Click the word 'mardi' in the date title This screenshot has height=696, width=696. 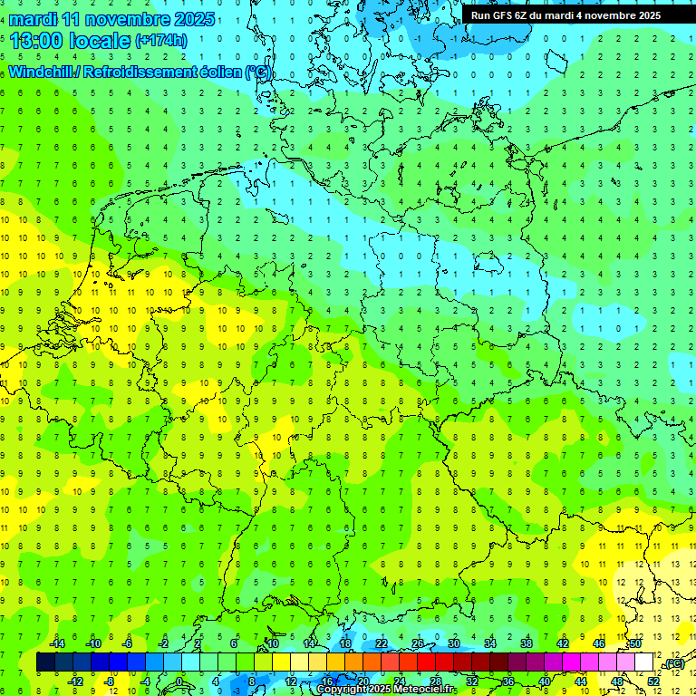(x=34, y=19)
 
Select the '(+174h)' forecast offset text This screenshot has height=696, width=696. (x=161, y=41)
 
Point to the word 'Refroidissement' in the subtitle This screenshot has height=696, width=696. (x=141, y=72)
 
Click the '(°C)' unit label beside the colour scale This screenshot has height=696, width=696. (x=673, y=664)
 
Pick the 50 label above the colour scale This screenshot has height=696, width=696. (x=635, y=643)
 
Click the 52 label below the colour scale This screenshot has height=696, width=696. (x=653, y=681)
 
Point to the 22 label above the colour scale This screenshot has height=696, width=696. (x=382, y=643)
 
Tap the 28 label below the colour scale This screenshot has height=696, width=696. (x=436, y=681)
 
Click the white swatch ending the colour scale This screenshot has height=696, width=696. (x=644, y=662)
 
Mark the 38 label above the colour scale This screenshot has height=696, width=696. (x=527, y=643)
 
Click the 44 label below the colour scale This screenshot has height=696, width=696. (x=581, y=681)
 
